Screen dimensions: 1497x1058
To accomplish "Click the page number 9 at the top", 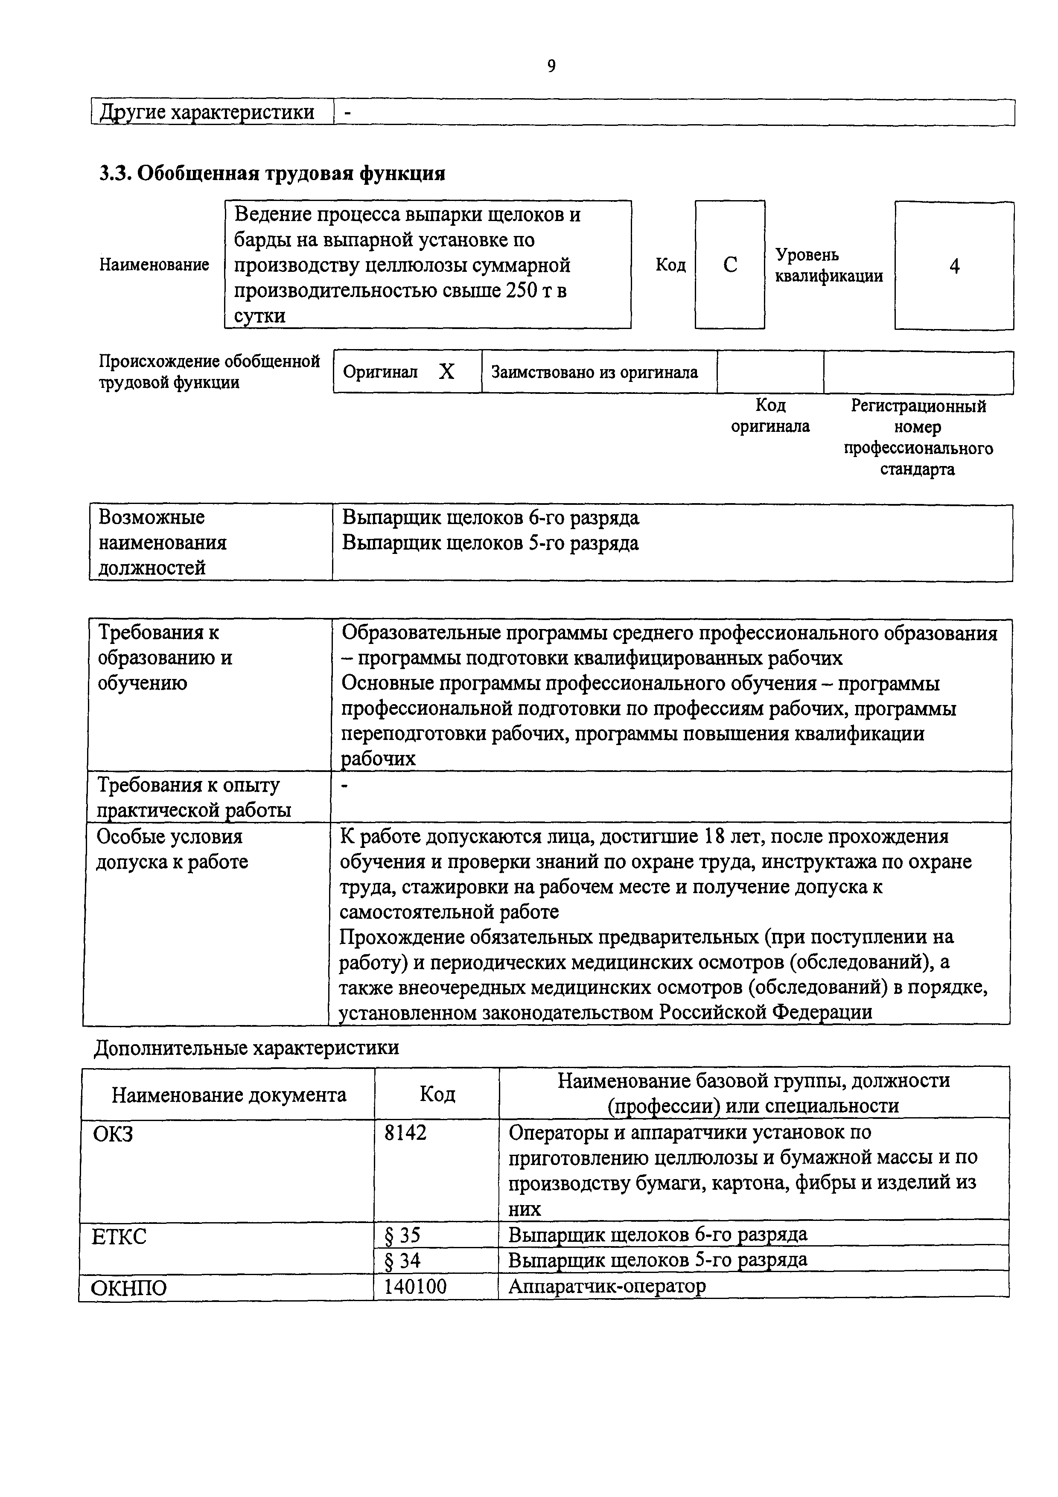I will (551, 66).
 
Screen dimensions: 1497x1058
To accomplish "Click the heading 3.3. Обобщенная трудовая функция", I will (272, 173).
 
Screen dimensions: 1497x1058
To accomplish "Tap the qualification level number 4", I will (954, 266).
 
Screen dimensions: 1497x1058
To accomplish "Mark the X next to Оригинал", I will (446, 372).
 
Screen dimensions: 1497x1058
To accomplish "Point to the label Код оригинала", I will (770, 416).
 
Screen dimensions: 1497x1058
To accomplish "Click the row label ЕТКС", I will (119, 1236).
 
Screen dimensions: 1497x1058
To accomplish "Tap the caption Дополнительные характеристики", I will (246, 1048).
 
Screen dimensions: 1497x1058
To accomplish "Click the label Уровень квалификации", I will (828, 265).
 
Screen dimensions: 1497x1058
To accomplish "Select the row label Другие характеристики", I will (207, 113).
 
